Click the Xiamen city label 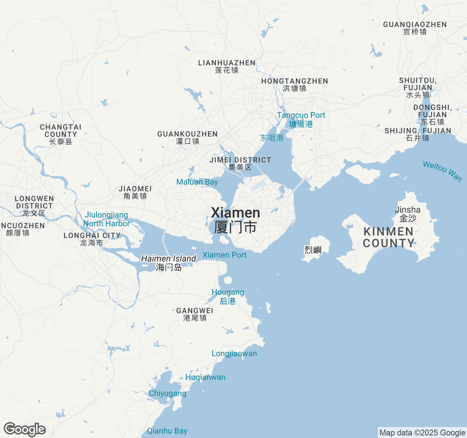pyautogui.click(x=236, y=219)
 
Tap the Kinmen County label pyautogui.click(x=389, y=237)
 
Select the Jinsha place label pyautogui.click(x=408, y=214)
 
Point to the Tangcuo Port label pyautogui.click(x=301, y=119)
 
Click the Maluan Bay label pyautogui.click(x=197, y=182)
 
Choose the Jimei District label pyautogui.click(x=240, y=163)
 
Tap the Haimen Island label pyautogui.click(x=169, y=262)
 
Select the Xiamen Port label pyautogui.click(x=224, y=255)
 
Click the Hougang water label pyautogui.click(x=228, y=296)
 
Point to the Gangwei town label pyautogui.click(x=195, y=314)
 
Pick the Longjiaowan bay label pyautogui.click(x=234, y=353)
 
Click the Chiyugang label pyautogui.click(x=167, y=393)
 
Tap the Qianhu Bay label pyautogui.click(x=167, y=431)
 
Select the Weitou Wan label pyautogui.click(x=442, y=170)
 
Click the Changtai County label pyautogui.click(x=61, y=134)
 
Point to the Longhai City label pyautogui.click(x=92, y=239)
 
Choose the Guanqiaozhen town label pyautogui.click(x=415, y=28)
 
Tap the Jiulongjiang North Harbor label pyautogui.click(x=107, y=219)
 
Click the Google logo pyautogui.click(x=24, y=429)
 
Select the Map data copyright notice pyautogui.click(x=422, y=433)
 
